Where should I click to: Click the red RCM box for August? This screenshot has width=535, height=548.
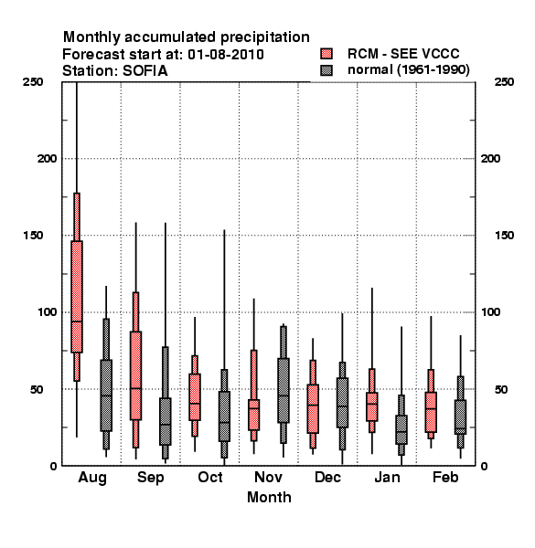[x=77, y=297]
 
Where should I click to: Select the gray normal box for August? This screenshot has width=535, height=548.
[x=106, y=395]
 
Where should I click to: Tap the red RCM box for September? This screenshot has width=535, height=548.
[x=135, y=375]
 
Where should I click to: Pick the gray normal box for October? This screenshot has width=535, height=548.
[x=224, y=416]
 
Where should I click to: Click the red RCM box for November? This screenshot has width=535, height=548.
[x=253, y=415]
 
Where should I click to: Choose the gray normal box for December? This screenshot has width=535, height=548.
[x=342, y=403]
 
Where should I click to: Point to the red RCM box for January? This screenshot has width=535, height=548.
[x=372, y=406]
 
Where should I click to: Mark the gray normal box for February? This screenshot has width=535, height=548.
[x=461, y=417]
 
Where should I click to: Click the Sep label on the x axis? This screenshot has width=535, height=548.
[x=151, y=478]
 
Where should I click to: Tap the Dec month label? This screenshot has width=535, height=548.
[x=327, y=477]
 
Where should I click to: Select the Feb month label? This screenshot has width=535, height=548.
[x=445, y=477]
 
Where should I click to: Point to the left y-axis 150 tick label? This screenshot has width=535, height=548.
[x=33, y=236]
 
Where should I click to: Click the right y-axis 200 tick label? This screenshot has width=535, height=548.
[x=490, y=159]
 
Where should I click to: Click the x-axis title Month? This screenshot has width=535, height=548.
[x=269, y=498]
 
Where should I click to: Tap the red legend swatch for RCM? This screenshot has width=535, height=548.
[x=326, y=54]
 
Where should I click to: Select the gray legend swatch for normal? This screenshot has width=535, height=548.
[x=326, y=70]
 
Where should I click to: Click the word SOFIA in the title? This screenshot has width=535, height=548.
[x=144, y=71]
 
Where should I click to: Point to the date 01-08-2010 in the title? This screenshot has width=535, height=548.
[x=226, y=55]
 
